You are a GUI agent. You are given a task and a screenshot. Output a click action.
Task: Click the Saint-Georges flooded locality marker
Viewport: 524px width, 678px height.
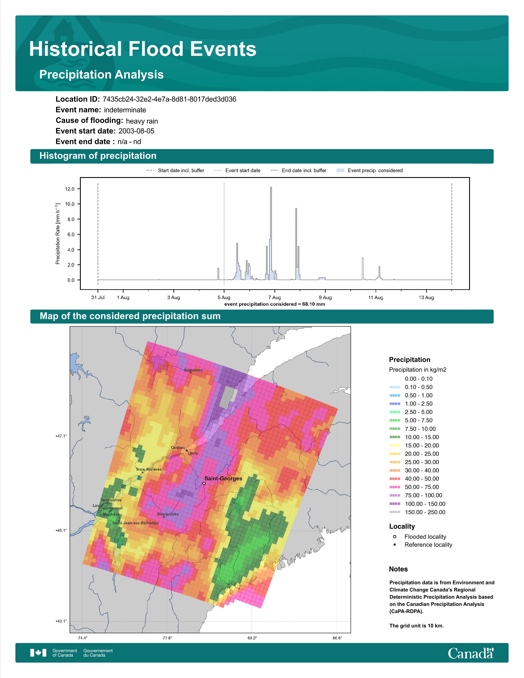[204, 483]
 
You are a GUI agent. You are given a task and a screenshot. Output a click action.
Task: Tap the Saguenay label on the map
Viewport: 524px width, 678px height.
[193, 370]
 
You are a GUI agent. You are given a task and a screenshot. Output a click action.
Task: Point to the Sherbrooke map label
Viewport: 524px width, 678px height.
[168, 514]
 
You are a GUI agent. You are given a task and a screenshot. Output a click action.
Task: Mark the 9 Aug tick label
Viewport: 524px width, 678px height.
[325, 297]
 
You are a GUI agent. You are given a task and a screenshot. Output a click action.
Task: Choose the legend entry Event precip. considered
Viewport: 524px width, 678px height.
[375, 171]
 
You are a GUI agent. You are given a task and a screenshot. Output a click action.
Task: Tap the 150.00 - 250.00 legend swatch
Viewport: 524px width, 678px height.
[395, 512]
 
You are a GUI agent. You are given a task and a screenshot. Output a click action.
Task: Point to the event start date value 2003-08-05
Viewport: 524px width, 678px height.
[136, 131]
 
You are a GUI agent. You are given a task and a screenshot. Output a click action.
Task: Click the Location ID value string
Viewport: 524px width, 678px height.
[170, 99]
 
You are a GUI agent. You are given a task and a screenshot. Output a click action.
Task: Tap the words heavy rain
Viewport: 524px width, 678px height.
[142, 121]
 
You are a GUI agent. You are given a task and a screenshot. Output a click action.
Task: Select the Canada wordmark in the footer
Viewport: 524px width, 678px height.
[471, 653]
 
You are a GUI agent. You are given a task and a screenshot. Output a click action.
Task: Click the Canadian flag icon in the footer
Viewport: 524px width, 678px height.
[38, 653]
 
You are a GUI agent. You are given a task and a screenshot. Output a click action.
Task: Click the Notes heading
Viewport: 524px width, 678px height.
[398, 569]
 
